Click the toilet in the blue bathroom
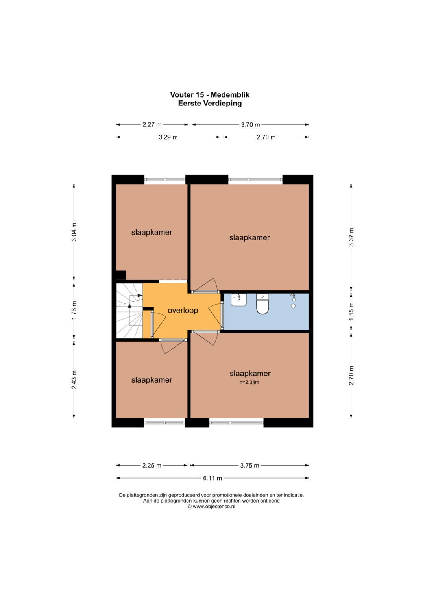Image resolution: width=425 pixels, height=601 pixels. click(262, 304)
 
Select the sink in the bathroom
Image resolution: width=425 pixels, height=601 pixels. click(238, 300)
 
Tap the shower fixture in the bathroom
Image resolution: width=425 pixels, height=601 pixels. click(293, 300)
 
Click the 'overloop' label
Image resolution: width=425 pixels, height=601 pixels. click(183, 311)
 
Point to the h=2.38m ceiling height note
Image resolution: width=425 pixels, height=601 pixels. click(249, 382)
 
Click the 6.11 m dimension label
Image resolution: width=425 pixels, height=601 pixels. click(213, 478)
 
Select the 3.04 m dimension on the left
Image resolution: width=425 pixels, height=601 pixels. click(74, 232)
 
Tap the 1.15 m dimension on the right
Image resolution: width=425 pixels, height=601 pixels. click(351, 311)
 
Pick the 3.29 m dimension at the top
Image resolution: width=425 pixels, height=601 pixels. click(168, 137)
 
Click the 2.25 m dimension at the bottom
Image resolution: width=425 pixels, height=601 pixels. click(152, 466)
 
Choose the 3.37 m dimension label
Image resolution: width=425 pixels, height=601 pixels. click(351, 237)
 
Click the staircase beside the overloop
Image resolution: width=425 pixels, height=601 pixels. click(129, 311)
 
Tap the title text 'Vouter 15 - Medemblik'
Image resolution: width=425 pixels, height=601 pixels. click(210, 95)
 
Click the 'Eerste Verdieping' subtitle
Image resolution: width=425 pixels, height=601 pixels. click(210, 104)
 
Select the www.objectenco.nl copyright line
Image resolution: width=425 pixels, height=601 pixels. click(211, 507)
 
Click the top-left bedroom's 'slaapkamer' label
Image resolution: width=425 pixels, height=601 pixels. click(152, 232)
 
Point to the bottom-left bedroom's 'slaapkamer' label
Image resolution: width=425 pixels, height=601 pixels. click(152, 380)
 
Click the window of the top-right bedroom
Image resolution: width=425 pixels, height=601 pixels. click(255, 180)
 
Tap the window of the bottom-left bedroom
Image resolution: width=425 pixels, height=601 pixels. click(164, 423)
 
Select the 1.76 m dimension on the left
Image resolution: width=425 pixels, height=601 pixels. click(74, 311)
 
